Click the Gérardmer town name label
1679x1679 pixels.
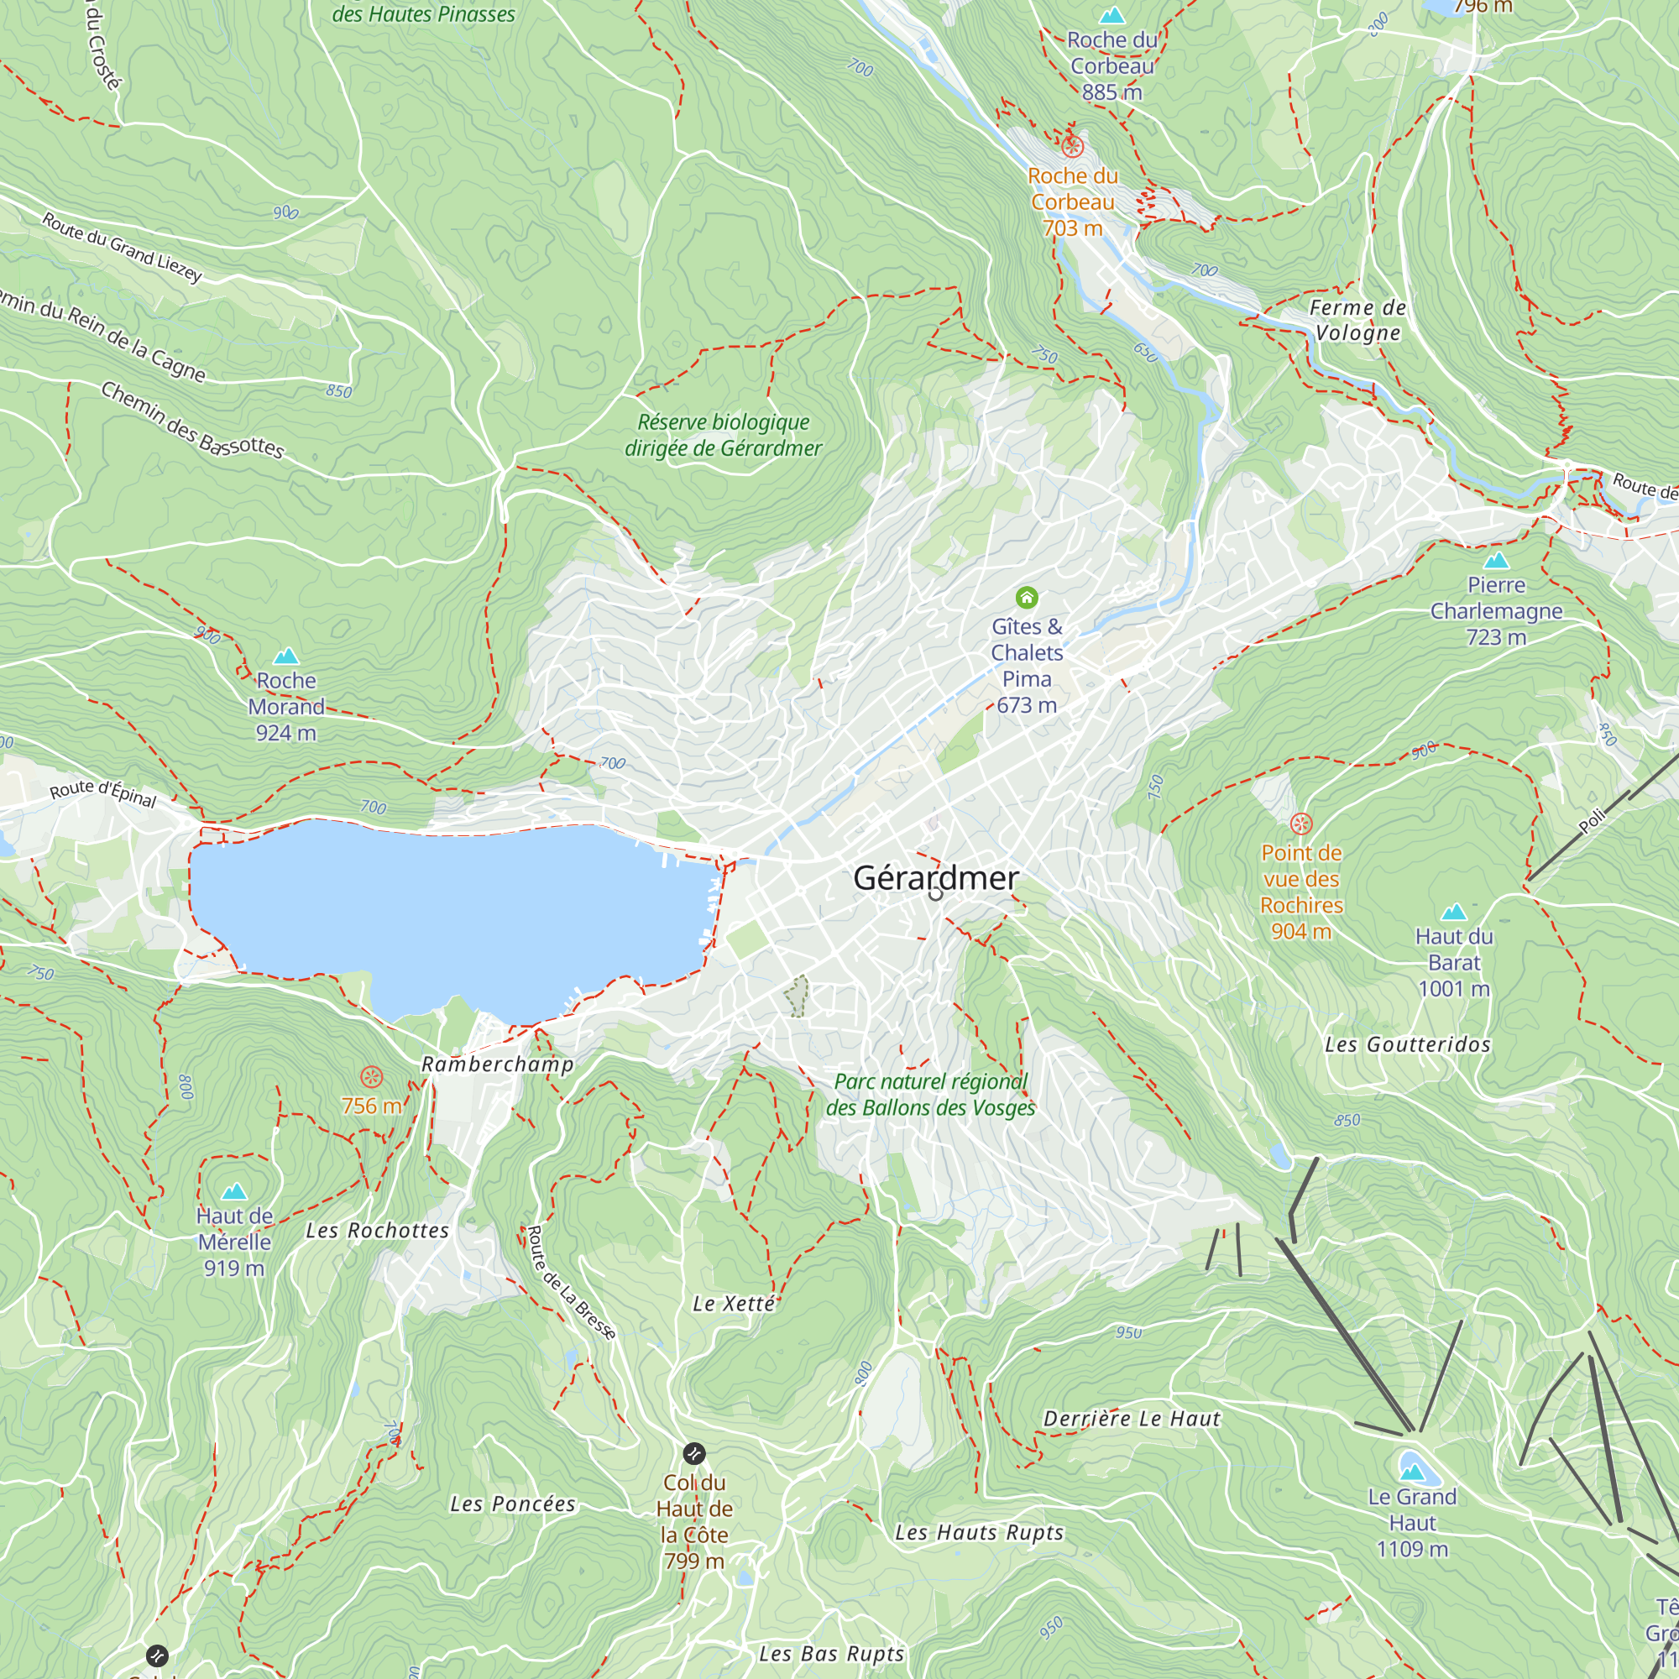(x=935, y=878)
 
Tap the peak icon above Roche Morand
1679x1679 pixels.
(x=286, y=656)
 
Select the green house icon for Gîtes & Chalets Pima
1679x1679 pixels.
(x=1027, y=597)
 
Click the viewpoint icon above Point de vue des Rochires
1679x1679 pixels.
(x=1301, y=823)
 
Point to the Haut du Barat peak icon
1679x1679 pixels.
(x=1454, y=912)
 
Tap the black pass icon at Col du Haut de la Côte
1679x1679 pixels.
(x=693, y=1453)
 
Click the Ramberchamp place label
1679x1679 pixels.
(x=497, y=1064)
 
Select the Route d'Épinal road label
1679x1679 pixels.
(x=103, y=792)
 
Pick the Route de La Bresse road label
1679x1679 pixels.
(x=571, y=1283)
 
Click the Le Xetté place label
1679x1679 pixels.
(x=734, y=1304)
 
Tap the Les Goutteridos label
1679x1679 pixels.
(x=1407, y=1044)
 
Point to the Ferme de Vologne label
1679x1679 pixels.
(x=1357, y=320)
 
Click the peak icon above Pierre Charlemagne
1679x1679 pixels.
(x=1496, y=561)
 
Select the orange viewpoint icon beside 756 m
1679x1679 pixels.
(x=372, y=1078)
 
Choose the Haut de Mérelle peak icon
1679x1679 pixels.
(x=233, y=1191)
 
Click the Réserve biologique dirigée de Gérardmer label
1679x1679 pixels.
(x=723, y=436)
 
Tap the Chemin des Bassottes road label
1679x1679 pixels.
(x=192, y=420)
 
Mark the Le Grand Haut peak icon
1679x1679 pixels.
(x=1412, y=1472)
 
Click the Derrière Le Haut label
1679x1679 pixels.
(x=1132, y=1419)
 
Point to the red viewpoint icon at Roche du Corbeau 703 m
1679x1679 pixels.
(x=1072, y=147)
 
